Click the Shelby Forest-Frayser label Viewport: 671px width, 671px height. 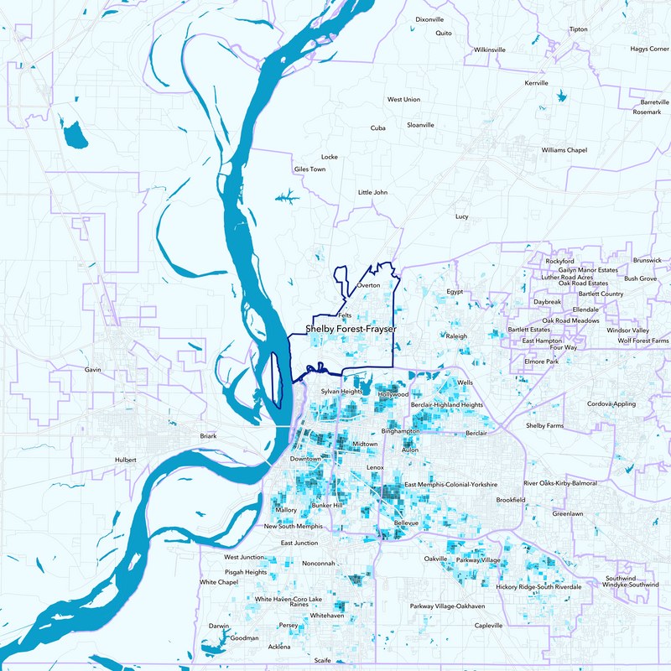tap(351, 330)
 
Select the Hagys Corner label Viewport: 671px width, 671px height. tap(650, 49)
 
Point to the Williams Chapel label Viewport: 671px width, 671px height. tap(564, 150)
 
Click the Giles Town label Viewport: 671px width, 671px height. tap(309, 169)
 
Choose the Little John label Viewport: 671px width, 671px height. tap(373, 192)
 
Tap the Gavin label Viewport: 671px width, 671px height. tap(93, 369)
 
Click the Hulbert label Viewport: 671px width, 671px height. tap(126, 460)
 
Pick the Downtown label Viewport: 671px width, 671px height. tap(306, 460)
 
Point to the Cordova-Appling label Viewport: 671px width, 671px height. tap(611, 403)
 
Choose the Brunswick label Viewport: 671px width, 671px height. tap(648, 260)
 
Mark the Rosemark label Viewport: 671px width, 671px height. tap(647, 112)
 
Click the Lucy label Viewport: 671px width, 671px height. tap(461, 216)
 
